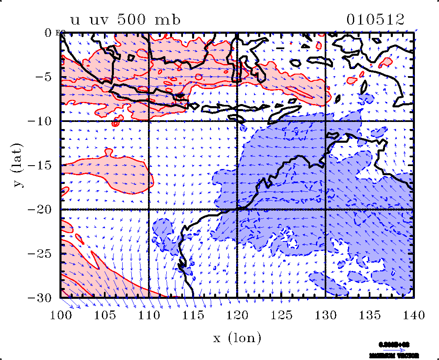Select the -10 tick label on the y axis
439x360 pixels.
40,121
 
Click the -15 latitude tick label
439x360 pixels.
40,165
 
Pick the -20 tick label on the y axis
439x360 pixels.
40,209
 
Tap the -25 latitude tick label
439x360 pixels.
40,253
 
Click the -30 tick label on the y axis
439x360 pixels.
40,298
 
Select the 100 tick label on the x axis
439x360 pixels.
61,315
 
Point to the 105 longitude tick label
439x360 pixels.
105,315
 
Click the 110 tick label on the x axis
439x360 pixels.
149,315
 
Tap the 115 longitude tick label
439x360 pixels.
193,315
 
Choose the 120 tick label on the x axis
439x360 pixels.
237,315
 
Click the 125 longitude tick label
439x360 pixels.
281,315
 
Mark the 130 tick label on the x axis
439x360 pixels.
325,315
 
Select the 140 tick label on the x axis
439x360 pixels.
413,315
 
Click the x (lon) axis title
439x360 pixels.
237,338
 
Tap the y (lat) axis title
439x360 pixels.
19,165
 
